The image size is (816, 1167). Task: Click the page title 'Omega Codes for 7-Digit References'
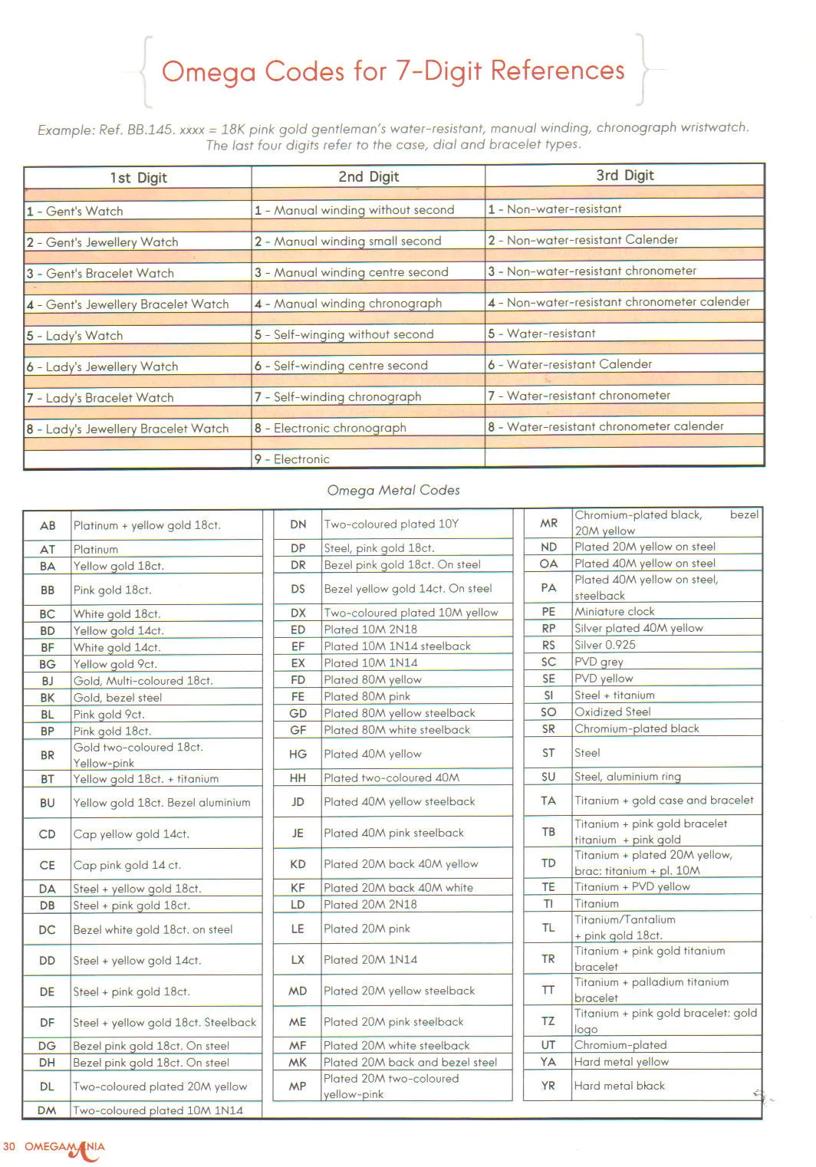393,71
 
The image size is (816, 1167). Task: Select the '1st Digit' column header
138,178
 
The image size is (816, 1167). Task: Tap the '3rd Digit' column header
624,176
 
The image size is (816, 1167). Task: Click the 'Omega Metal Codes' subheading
393,490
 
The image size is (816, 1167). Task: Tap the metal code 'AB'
48,526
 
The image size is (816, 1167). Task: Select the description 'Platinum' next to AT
96,550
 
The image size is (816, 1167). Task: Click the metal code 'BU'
48,803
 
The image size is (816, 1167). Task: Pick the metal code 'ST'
548,753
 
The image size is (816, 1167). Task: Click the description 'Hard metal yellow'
621,1062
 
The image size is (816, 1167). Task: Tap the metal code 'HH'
298,778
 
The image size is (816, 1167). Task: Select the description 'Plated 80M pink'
367,697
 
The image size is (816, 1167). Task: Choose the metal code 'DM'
47,1110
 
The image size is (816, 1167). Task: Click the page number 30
9,1147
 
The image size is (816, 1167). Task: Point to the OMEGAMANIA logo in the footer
65,1149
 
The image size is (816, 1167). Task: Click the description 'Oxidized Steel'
612,712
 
